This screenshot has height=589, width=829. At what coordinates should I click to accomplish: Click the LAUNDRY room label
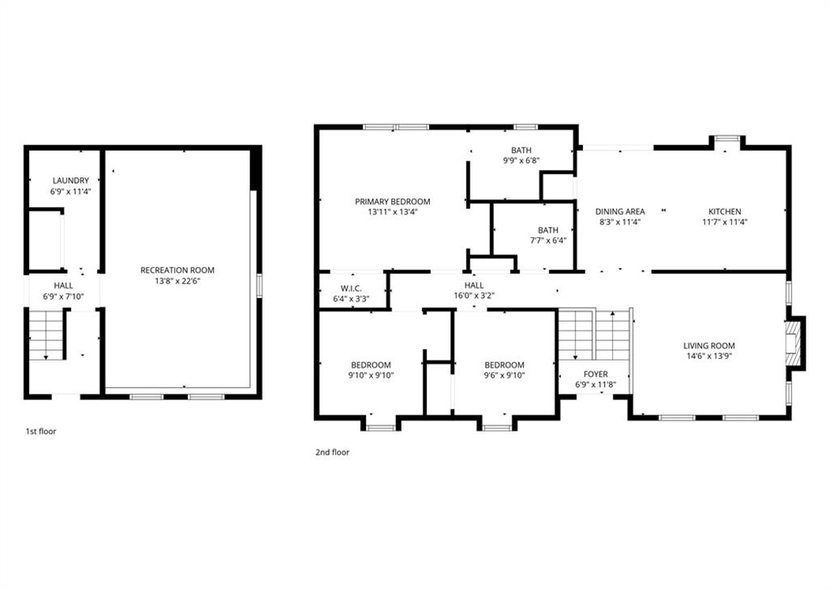pos(71,181)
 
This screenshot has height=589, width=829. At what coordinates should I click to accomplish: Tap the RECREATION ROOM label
pos(177,270)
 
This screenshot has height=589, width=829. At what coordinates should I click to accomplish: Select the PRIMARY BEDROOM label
pos(393,202)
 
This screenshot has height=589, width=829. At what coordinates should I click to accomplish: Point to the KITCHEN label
pos(725,211)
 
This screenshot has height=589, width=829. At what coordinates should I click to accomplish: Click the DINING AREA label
pos(620,211)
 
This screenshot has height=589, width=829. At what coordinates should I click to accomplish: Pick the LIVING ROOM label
pos(709,346)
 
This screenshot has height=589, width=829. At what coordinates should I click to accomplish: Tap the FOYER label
pos(596,374)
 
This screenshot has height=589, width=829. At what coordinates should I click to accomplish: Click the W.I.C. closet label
pos(351,288)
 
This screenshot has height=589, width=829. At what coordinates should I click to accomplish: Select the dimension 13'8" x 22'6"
pos(177,281)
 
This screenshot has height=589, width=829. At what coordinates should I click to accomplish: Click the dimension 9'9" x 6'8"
pos(521,160)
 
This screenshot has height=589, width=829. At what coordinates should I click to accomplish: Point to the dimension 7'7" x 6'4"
pos(548,241)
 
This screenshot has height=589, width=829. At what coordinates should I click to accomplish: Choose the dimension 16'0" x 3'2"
pos(474,296)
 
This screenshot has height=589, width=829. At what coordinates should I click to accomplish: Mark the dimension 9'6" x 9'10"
pos(504,376)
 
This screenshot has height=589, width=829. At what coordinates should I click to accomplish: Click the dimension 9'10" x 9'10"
pos(371,376)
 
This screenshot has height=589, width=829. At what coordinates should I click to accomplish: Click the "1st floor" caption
pos(40,431)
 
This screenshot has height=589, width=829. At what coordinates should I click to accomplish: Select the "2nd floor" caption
pos(333,452)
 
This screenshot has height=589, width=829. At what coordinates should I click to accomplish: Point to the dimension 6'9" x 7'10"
pos(63,297)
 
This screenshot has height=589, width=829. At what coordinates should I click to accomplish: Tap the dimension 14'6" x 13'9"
pos(709,356)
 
